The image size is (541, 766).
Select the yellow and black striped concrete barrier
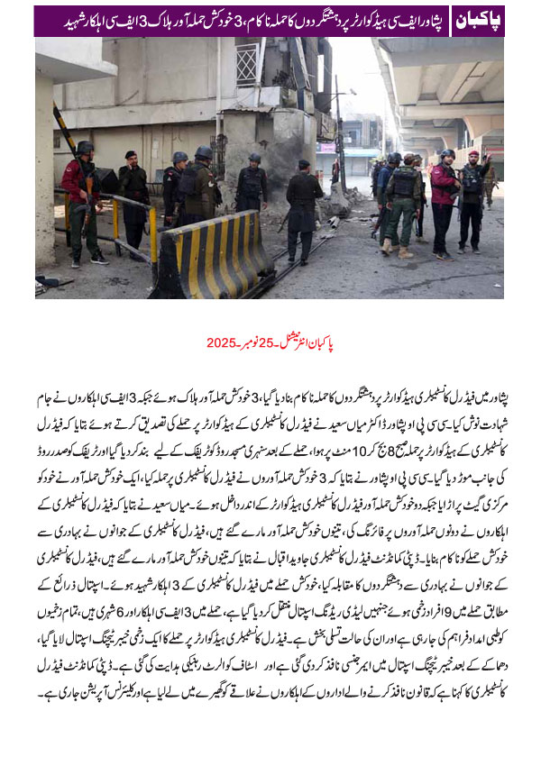[214, 255]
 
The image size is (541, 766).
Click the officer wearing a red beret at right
[472, 199]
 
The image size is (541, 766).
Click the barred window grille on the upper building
[247, 63]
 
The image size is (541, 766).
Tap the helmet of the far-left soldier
[85, 148]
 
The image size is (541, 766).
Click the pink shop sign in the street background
[326, 147]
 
